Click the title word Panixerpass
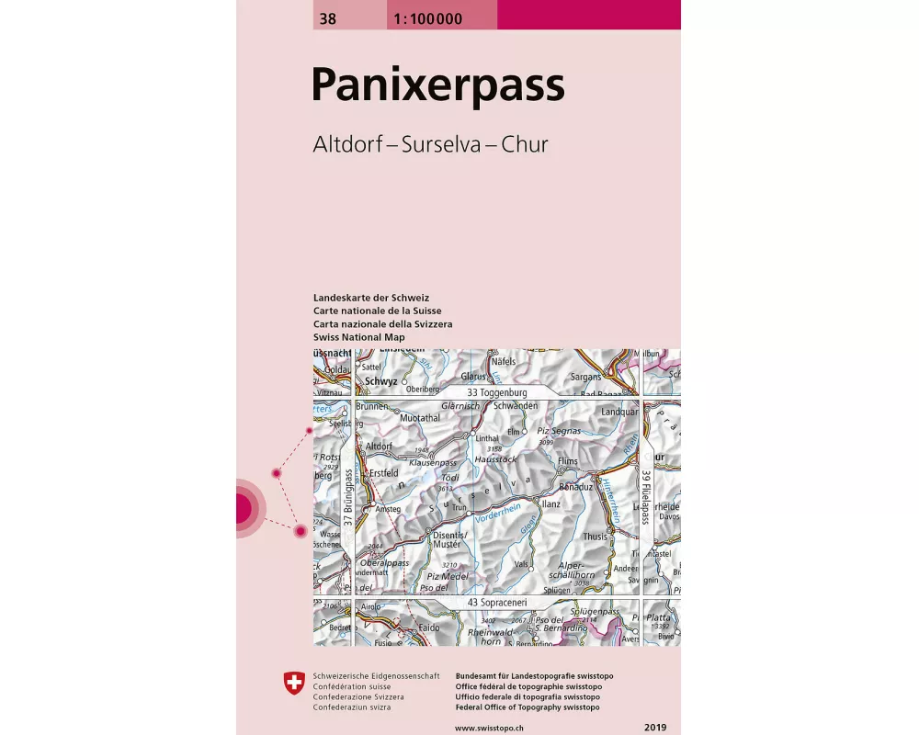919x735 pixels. click(437, 85)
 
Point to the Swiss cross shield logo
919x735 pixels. click(294, 682)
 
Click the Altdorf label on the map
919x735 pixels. click(380, 446)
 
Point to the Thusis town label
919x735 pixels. click(596, 537)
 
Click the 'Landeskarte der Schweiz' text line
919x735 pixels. click(371, 299)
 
